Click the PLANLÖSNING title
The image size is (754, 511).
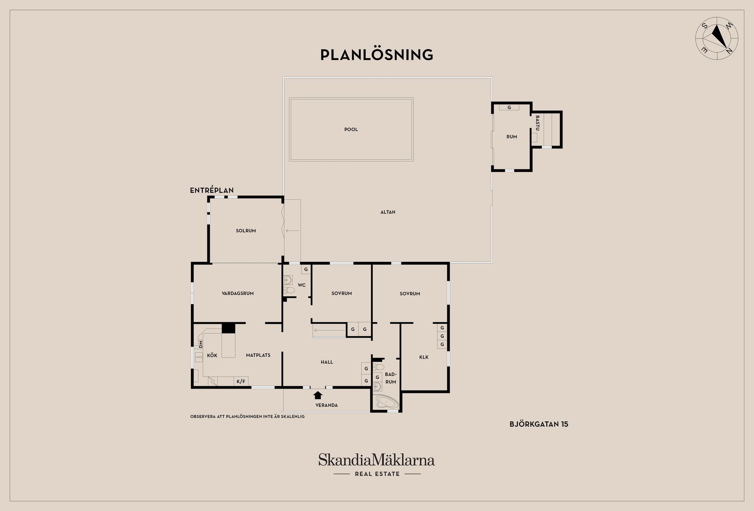pyautogui.click(x=377, y=55)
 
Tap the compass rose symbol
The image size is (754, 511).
pyautogui.click(x=717, y=38)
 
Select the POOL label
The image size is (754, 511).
pyautogui.click(x=351, y=130)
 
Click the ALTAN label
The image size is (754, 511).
pyautogui.click(x=388, y=212)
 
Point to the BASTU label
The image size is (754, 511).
pyautogui.click(x=538, y=123)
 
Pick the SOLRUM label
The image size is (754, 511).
pyautogui.click(x=246, y=231)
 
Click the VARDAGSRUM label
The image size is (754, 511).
pyautogui.click(x=238, y=293)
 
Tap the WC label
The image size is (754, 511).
pyautogui.click(x=302, y=285)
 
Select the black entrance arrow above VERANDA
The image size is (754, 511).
pyautogui.click(x=318, y=395)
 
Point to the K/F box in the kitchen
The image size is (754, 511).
pyautogui.click(x=241, y=381)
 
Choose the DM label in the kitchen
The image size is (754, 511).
pyautogui.click(x=201, y=344)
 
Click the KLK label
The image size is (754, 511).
pyautogui.click(x=424, y=357)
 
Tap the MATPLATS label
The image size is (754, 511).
pyautogui.click(x=258, y=355)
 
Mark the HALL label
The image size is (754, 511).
pyautogui.click(x=327, y=362)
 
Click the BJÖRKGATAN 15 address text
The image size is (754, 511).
pyautogui.click(x=539, y=424)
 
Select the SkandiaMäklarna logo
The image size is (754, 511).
pyautogui.click(x=377, y=465)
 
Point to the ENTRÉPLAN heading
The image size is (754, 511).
pyautogui.click(x=212, y=190)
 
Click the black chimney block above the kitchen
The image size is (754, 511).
pyautogui.click(x=228, y=328)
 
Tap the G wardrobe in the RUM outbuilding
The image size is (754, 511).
pyautogui.click(x=509, y=107)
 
